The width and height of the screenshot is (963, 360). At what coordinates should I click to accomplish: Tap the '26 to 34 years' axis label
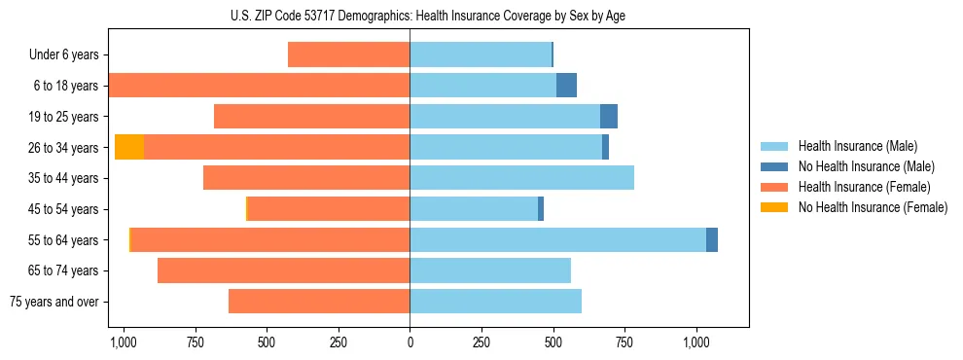[65, 148]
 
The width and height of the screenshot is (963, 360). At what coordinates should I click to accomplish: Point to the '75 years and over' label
[54, 302]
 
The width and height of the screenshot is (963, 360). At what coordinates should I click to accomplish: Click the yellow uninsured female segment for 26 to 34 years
[129, 147]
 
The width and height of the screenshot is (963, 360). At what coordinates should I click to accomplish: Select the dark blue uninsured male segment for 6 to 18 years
[566, 86]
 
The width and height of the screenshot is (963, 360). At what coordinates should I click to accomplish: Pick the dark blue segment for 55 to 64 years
[712, 239]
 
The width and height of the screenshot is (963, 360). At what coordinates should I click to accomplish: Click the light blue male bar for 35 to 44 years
[521, 178]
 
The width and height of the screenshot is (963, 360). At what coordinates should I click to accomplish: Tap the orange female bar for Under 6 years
[348, 55]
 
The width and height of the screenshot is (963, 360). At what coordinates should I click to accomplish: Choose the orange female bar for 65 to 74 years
[283, 270]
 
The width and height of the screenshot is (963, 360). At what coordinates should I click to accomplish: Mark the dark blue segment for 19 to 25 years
[609, 117]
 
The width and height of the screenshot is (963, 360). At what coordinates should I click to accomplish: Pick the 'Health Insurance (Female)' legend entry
[857, 187]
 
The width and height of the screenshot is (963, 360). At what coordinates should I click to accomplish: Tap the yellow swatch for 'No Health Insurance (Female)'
[775, 207]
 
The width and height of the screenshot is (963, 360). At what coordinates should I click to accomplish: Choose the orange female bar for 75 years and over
[319, 302]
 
